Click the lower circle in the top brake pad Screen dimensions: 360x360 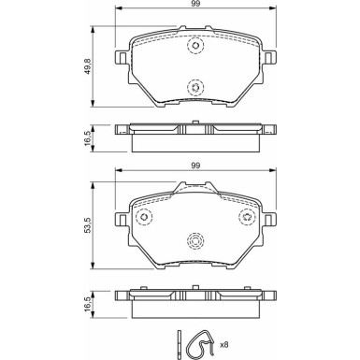point(194,87)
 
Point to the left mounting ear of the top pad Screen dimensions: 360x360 point(121,58)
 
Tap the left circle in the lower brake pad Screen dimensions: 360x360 point(145,218)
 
